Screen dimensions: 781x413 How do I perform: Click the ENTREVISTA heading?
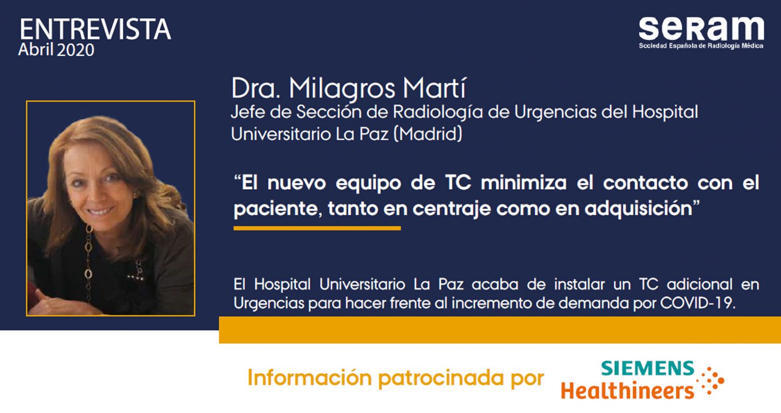95,29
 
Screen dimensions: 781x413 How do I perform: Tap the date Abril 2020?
56,50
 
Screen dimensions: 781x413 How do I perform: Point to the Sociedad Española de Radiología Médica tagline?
701,46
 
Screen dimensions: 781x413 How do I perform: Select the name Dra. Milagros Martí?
348,88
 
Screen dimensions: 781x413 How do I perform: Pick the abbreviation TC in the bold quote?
458,183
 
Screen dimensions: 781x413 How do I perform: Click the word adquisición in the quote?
638,209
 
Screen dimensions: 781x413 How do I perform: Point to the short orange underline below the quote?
317,228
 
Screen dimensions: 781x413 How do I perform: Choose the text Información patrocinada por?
396,378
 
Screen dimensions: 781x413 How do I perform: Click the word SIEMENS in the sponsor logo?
648,368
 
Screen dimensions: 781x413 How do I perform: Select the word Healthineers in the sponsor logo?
627,391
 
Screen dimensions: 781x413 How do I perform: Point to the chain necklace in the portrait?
89,261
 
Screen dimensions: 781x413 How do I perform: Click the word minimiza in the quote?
524,183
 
